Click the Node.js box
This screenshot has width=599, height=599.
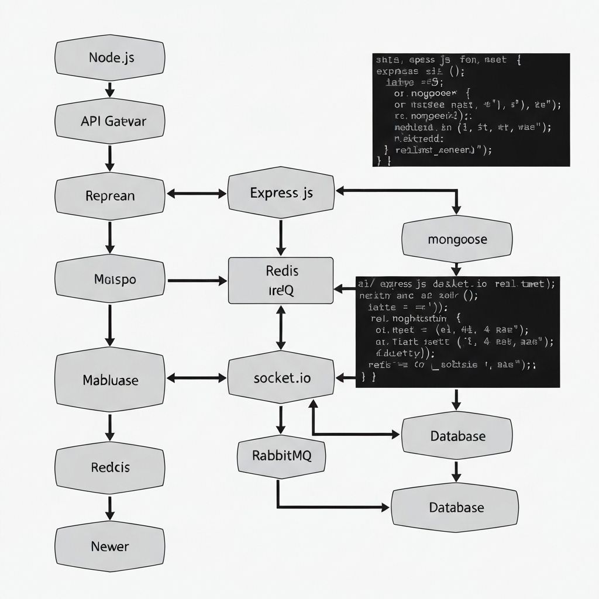[x=109, y=57]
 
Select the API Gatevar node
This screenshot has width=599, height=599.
[x=109, y=122]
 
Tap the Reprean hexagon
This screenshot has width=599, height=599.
[x=109, y=195]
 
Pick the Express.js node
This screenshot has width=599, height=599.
[x=281, y=193]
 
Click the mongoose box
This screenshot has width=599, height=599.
[x=457, y=239]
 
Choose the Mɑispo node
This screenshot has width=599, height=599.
[x=109, y=280]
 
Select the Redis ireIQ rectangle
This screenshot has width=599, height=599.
[x=281, y=280]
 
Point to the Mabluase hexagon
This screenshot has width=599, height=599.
[x=109, y=380]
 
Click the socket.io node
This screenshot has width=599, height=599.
[x=281, y=377]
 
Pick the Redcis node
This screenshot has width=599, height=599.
[x=109, y=467]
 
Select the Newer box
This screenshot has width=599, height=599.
[x=109, y=546]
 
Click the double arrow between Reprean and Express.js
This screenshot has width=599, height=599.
[x=197, y=193]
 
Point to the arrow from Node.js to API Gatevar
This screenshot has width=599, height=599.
[x=109, y=89]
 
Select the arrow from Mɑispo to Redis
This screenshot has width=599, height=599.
[x=197, y=281]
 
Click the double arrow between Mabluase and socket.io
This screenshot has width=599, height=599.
[x=197, y=378]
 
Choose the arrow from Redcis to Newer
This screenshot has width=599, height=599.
[x=109, y=507]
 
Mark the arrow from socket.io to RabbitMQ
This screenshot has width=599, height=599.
[x=281, y=420]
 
